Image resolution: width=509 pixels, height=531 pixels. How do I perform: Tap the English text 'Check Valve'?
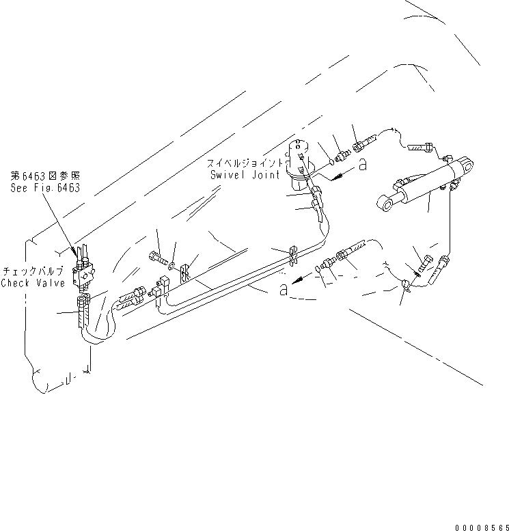[33, 283]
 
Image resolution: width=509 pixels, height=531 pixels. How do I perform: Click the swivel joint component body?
[299, 163]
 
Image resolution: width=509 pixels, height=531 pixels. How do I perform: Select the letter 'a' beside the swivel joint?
[362, 164]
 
